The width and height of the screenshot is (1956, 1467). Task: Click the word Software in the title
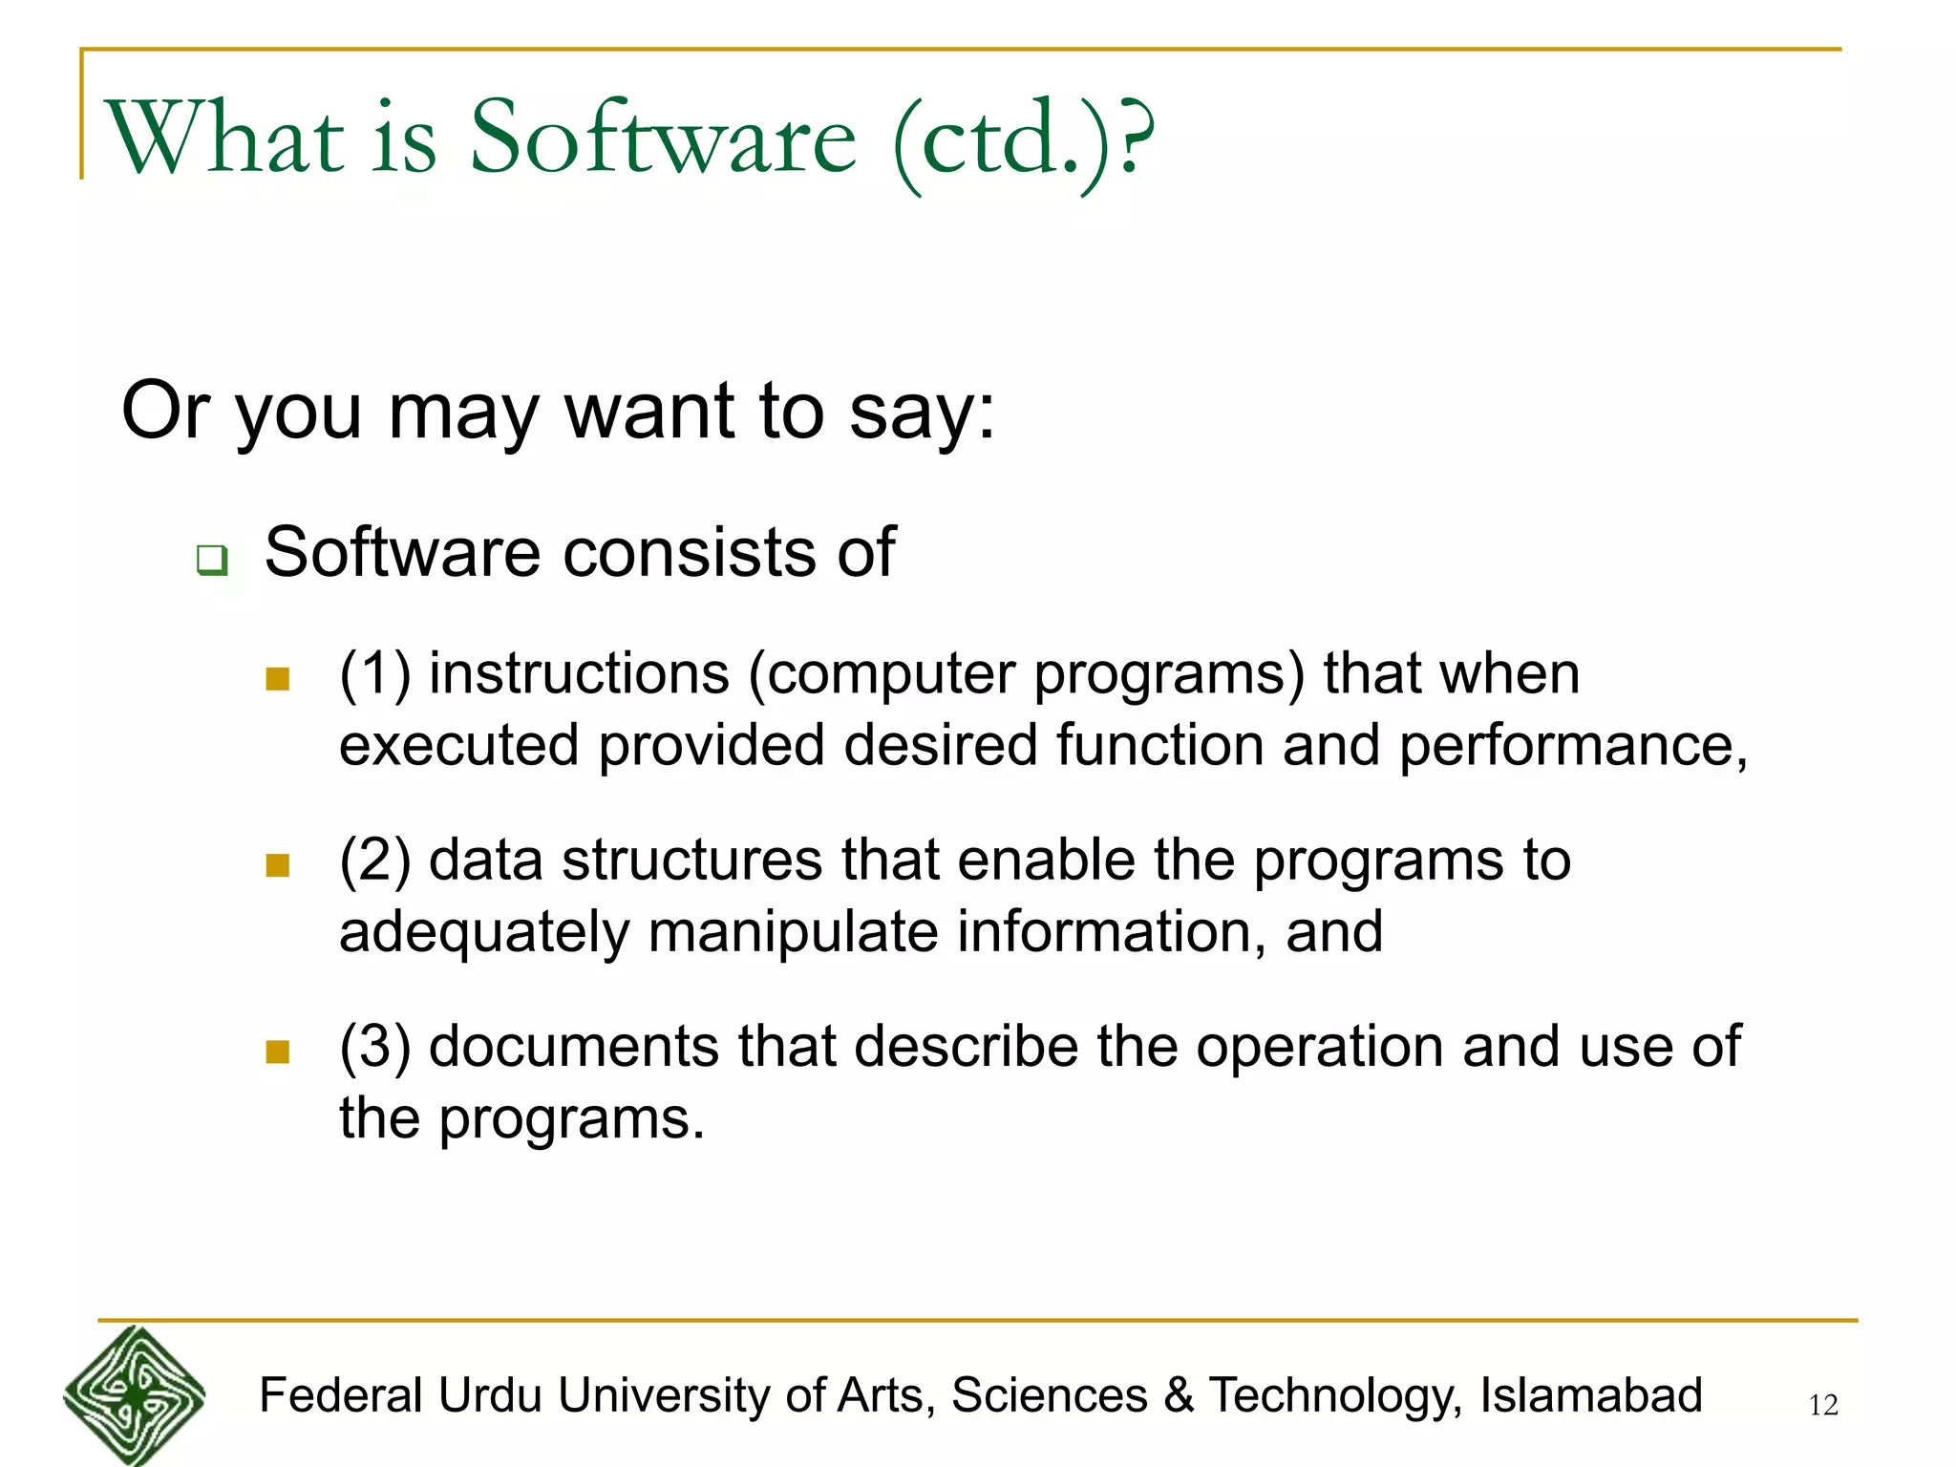(x=663, y=138)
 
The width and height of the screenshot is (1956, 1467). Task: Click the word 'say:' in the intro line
(x=922, y=412)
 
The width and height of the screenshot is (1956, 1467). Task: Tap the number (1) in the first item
(x=374, y=673)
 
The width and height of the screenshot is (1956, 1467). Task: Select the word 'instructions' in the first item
(x=579, y=673)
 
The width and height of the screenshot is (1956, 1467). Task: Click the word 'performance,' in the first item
(x=1572, y=746)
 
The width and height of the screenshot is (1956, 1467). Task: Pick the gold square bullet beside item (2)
(x=278, y=865)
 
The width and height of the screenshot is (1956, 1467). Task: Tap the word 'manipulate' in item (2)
(x=793, y=932)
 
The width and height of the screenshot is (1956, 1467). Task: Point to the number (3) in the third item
(x=374, y=1047)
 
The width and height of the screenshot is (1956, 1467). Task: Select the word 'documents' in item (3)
(x=573, y=1047)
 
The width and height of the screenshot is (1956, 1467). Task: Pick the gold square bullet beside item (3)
(x=278, y=1052)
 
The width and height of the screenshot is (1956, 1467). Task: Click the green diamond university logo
(x=135, y=1394)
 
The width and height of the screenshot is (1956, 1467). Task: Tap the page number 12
(x=1822, y=1405)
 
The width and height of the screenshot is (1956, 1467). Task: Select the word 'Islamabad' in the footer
(x=1590, y=1395)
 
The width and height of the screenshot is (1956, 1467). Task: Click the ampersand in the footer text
(x=1179, y=1395)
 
